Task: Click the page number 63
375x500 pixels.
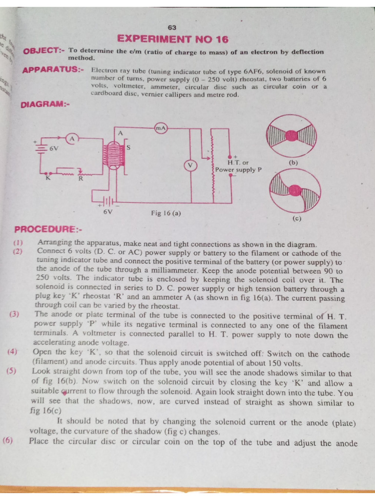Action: (172, 27)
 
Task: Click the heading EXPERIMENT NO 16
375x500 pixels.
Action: (173, 39)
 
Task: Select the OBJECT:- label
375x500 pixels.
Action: (43, 51)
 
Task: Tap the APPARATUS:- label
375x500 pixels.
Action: (53, 69)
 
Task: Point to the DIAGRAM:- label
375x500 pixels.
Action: (45, 104)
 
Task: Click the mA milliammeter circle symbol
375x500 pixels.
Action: (161, 128)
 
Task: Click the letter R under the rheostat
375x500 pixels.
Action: (81, 179)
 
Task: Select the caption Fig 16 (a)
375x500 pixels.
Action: (166, 213)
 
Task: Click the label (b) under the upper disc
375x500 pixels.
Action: (293, 163)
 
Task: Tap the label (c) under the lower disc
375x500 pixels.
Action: (296, 219)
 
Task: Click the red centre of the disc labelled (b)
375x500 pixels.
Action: (292, 135)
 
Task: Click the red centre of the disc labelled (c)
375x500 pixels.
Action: (295, 191)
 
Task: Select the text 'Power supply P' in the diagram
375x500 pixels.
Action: (239, 170)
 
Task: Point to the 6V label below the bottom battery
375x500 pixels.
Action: (108, 212)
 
